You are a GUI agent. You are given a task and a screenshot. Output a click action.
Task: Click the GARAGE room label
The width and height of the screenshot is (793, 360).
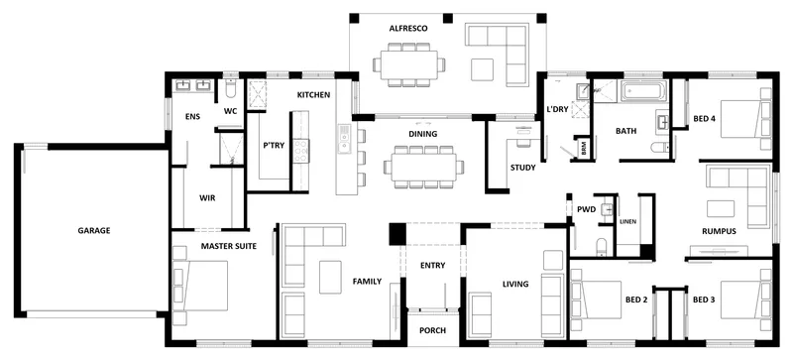click(94, 230)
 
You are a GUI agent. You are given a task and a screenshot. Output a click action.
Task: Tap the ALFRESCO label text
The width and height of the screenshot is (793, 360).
click(408, 29)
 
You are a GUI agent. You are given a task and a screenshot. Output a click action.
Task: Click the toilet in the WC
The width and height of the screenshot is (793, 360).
click(230, 89)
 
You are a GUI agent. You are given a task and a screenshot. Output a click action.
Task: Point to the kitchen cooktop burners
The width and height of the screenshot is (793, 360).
click(301, 151)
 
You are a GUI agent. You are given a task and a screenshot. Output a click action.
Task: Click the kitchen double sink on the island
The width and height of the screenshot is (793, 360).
click(344, 139)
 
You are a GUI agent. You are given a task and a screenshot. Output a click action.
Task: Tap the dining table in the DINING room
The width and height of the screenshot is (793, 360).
click(424, 167)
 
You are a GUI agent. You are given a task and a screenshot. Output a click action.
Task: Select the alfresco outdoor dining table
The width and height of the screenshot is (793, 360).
click(409, 64)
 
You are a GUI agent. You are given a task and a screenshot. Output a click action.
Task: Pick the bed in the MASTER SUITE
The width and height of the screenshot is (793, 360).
click(200, 286)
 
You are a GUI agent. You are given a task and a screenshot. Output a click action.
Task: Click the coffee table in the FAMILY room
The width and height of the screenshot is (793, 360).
click(330, 277)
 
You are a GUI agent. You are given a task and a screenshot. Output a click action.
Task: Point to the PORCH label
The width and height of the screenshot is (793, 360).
click(433, 330)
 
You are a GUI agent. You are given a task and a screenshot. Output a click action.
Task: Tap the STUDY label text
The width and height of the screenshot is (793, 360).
click(522, 168)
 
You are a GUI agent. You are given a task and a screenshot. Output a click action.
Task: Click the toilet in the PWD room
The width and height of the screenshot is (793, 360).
click(602, 247)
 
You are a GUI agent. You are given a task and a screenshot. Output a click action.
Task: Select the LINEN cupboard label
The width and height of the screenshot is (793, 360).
click(627, 222)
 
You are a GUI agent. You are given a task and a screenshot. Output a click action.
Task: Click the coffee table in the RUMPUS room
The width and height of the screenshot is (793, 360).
click(721, 208)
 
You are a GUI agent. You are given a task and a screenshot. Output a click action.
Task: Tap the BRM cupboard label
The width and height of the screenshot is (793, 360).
click(584, 152)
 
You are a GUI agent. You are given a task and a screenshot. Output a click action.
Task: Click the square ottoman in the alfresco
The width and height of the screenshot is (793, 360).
click(482, 69)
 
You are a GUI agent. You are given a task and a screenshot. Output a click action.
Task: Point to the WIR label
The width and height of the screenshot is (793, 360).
click(207, 198)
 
